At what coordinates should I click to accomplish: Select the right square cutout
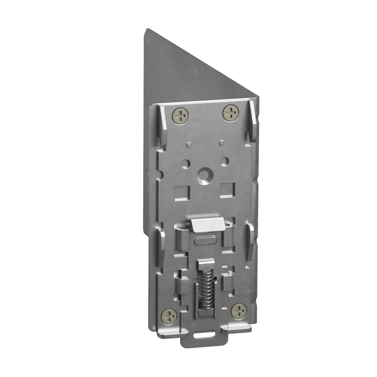pyautogui.click(x=227, y=189)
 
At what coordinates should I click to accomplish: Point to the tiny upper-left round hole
pyautogui.click(x=188, y=144)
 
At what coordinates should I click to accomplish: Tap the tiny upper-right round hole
pyautogui.click(x=221, y=142)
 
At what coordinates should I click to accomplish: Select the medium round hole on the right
pyautogui.click(x=224, y=161)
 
